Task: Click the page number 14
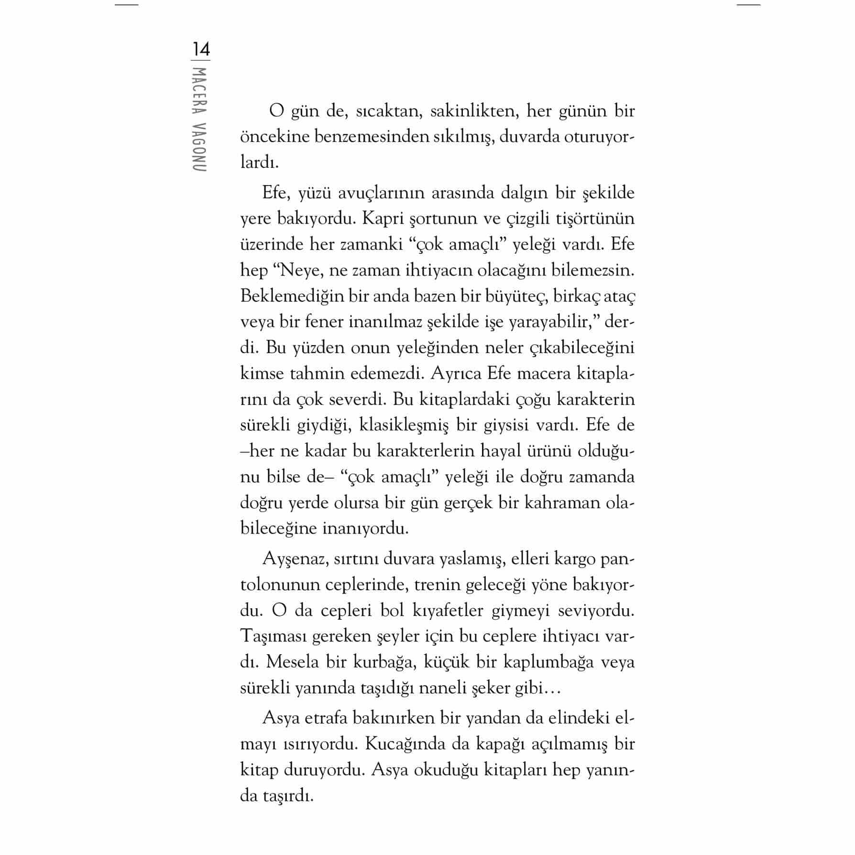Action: point(201,50)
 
